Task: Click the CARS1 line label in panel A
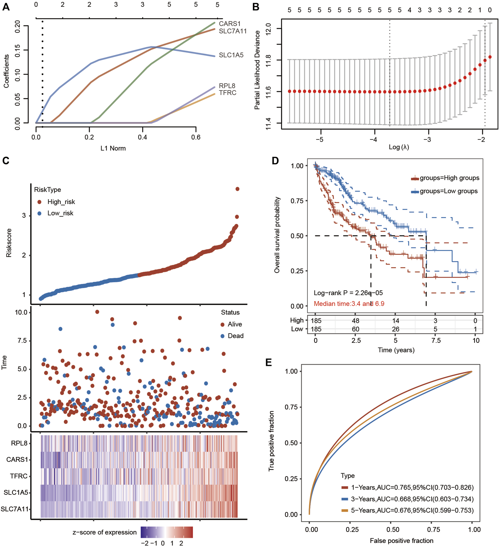click(230, 24)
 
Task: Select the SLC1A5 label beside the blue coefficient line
click(231, 55)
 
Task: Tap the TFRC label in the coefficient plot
click(228, 93)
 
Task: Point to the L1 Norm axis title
click(113, 148)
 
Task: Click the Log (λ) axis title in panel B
click(398, 147)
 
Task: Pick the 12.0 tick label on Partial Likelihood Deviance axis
click(268, 29)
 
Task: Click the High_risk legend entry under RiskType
click(61, 202)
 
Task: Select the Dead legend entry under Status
click(235, 336)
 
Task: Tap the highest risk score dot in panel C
click(237, 189)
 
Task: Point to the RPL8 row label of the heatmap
click(19, 443)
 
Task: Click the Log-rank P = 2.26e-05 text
click(348, 293)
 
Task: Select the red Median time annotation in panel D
click(349, 304)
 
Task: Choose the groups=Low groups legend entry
click(448, 191)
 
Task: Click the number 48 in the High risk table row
click(355, 321)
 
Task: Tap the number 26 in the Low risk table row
click(395, 329)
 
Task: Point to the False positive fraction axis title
click(401, 541)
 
